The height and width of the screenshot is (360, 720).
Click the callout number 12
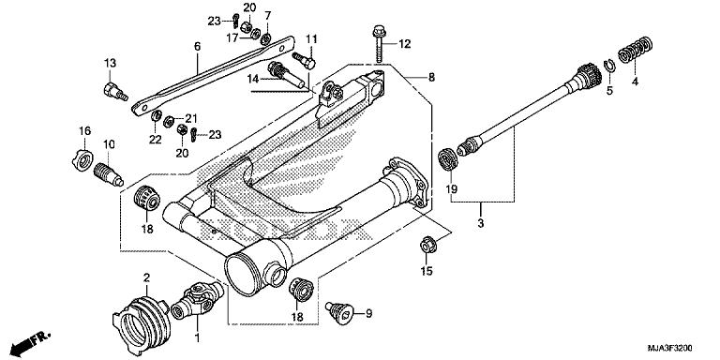[x=405, y=44]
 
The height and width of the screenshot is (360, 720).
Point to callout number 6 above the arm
[x=198, y=45]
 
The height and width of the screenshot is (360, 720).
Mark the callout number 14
[x=252, y=81]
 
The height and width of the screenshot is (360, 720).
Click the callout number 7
[x=267, y=16]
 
